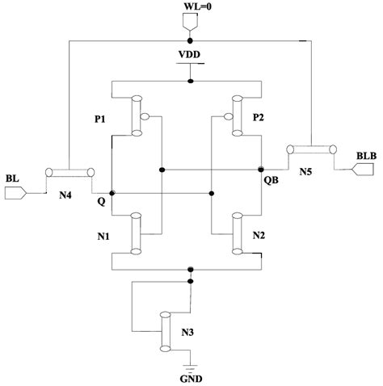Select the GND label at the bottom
(191, 376)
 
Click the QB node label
(271, 183)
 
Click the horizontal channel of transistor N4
(70, 172)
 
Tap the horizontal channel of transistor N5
(311, 149)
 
